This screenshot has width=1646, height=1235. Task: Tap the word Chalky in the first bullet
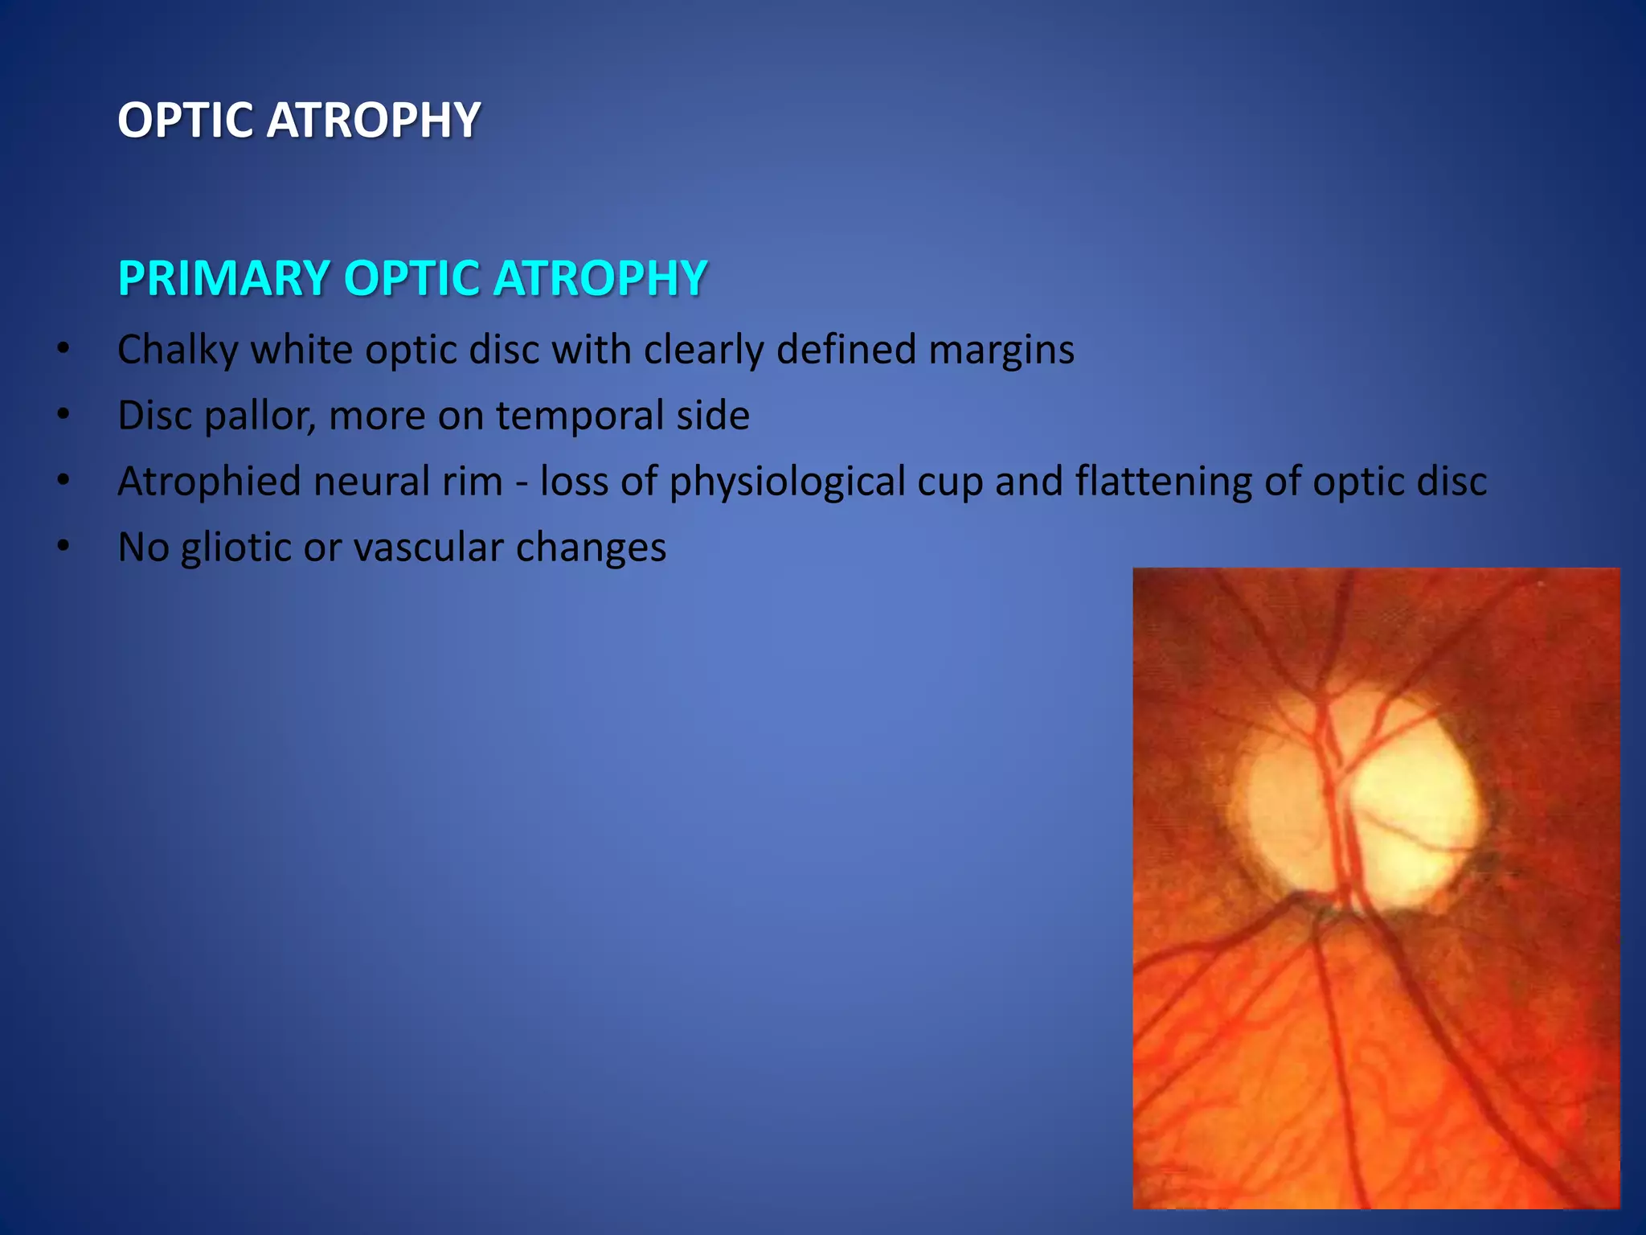pyautogui.click(x=178, y=351)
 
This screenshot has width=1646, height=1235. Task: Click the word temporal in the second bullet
pyautogui.click(x=578, y=416)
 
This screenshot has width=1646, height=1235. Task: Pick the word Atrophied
pyautogui.click(x=208, y=482)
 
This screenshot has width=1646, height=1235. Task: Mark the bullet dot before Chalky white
pyautogui.click(x=63, y=350)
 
